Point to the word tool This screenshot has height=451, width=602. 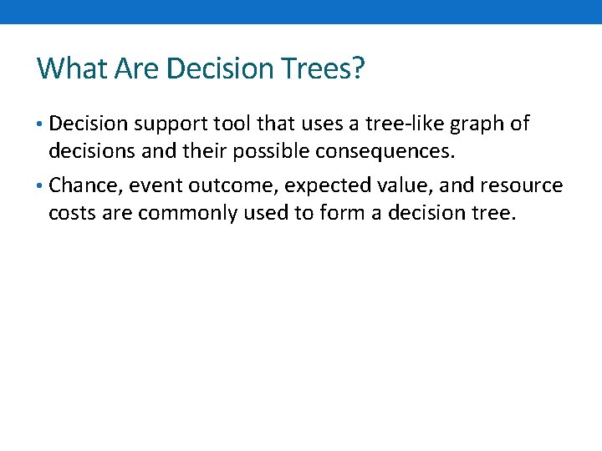(225, 124)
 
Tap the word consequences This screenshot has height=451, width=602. (406, 152)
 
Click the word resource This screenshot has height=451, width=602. (521, 185)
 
